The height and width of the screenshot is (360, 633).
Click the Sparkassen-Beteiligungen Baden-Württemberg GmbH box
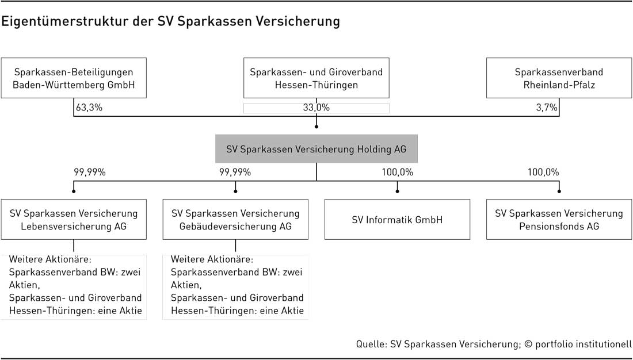74,78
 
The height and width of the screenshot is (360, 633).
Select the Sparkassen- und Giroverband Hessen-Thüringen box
316,78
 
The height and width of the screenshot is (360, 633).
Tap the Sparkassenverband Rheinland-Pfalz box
559,78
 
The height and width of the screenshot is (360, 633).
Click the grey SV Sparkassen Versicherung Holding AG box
316,149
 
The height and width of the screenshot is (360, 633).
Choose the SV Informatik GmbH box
397,220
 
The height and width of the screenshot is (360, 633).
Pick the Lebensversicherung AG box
74,220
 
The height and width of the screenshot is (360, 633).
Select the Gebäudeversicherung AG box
235,220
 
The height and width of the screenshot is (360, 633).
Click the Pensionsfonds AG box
559,220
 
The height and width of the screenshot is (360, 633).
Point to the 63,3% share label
89,108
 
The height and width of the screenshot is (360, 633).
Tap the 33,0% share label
316,108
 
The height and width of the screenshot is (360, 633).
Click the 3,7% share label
547,108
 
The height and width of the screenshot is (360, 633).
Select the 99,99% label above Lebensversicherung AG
90,173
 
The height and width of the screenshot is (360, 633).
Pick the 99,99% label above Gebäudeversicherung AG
235,173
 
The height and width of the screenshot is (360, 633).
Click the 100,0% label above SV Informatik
398,173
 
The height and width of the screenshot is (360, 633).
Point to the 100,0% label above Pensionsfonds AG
543,173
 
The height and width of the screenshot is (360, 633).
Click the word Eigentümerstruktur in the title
64,21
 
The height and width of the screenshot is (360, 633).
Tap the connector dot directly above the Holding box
316,127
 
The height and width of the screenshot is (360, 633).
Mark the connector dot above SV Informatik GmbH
397,191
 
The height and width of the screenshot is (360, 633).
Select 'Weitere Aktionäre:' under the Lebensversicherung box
51,259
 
